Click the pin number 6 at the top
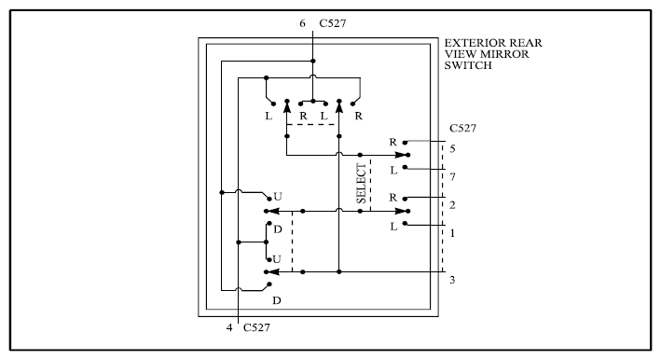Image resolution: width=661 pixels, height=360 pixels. (302, 23)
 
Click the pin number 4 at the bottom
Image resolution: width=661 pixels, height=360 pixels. (229, 327)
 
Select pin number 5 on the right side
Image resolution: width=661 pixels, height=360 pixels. (452, 149)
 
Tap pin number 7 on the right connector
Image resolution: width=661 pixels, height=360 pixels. (452, 177)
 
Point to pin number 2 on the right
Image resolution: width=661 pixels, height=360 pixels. (452, 205)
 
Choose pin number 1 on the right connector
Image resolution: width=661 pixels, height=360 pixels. (452, 233)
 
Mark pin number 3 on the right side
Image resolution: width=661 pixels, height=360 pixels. (452, 280)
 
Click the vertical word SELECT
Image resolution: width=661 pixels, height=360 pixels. (362, 184)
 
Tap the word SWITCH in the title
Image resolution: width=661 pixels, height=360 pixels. (468, 65)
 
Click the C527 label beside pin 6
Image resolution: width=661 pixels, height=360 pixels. (333, 23)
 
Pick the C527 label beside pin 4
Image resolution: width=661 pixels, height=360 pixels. (256, 327)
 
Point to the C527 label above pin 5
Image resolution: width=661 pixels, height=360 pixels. (462, 128)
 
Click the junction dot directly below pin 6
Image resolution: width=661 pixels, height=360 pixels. (313, 62)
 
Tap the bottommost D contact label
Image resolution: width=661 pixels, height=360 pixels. (277, 300)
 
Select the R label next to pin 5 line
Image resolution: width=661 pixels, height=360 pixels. (392, 142)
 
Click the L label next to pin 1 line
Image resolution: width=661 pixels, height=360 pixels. (393, 227)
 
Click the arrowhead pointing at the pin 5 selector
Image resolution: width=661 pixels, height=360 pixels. (402, 155)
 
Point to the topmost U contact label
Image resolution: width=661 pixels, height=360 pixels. (278, 197)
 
